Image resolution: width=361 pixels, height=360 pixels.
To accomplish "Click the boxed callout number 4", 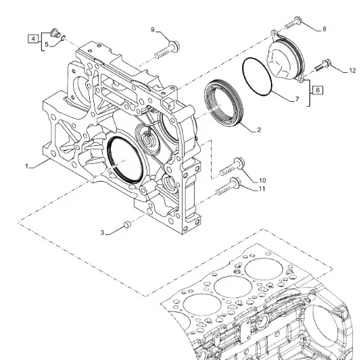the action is pos(33,39).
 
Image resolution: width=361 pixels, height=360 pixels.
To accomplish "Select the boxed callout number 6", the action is pos(318,90).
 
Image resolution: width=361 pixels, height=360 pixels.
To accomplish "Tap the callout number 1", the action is pos(27,166).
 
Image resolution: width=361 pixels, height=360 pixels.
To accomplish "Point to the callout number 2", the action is pos(259,130).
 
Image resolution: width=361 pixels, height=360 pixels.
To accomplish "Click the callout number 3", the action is pos(103,233).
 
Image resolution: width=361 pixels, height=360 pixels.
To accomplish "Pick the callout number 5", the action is pos(47,45).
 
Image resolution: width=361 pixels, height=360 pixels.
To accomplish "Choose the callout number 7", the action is pos(297,99).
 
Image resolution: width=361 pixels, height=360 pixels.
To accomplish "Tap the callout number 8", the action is pos(324,29).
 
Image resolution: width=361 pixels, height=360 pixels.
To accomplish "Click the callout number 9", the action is pos(153,30).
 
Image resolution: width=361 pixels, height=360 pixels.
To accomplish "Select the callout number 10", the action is pos(262,180).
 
